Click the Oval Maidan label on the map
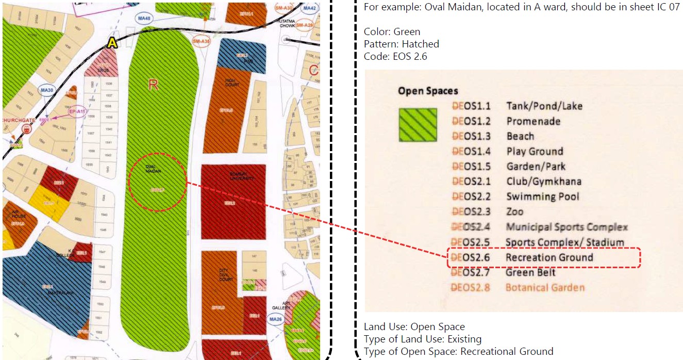[157, 169]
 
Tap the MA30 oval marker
[47, 90]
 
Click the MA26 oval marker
[276, 319]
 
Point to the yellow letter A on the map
[112, 44]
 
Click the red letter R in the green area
[153, 84]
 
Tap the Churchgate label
[19, 120]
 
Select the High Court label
[230, 84]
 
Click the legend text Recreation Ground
[549, 257]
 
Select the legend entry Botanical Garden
[545, 287]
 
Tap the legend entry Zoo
[514, 211]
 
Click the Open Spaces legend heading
[428, 91]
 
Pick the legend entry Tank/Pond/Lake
[544, 106]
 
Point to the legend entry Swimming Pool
[542, 197]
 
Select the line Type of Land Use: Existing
[422, 339]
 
